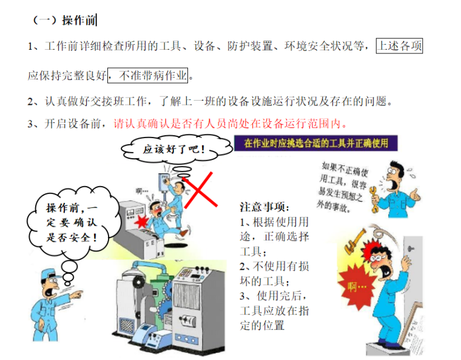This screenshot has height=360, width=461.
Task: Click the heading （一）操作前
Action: click(x=64, y=20)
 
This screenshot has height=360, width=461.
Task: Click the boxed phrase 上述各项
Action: click(x=399, y=46)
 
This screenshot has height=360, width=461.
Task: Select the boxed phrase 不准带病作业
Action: click(x=147, y=76)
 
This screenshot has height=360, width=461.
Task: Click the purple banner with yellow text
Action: click(x=316, y=143)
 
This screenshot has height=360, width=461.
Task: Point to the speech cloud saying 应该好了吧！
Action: click(x=177, y=149)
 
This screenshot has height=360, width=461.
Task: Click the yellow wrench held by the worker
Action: click(x=374, y=199)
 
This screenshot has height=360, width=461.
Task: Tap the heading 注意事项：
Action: click(x=264, y=207)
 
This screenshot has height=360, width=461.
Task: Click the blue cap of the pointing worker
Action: click(x=50, y=274)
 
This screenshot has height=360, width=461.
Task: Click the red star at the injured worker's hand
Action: click(x=142, y=221)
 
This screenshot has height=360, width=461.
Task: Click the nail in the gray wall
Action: click(x=411, y=249)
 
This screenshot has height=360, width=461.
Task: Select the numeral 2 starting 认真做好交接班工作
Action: click(x=30, y=102)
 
